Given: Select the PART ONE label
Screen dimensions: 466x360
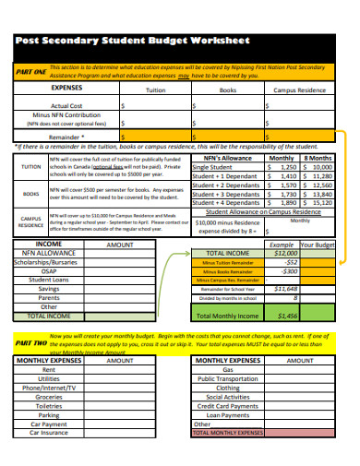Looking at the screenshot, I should pyautogui.click(x=30, y=71).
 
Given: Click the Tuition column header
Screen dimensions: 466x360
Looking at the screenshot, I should pyautogui.click(x=156, y=90).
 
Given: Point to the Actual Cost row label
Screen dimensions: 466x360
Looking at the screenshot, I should pyautogui.click(x=67, y=106).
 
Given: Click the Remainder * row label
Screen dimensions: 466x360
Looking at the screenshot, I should pyautogui.click(x=69, y=135).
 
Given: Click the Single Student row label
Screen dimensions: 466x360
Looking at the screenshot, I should pyautogui.click(x=213, y=167).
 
